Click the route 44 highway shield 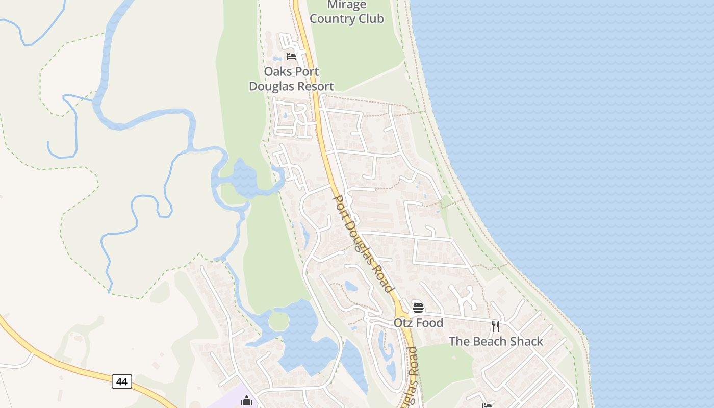[121, 381]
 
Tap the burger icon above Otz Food [418, 308]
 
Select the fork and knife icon [495, 326]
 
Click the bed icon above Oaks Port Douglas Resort [291, 56]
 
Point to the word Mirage [347, 5]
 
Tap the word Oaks [278, 72]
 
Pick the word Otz [402, 323]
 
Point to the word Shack [525, 341]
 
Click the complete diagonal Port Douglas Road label [363, 244]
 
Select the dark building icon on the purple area [247, 400]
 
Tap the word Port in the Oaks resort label [307, 72]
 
